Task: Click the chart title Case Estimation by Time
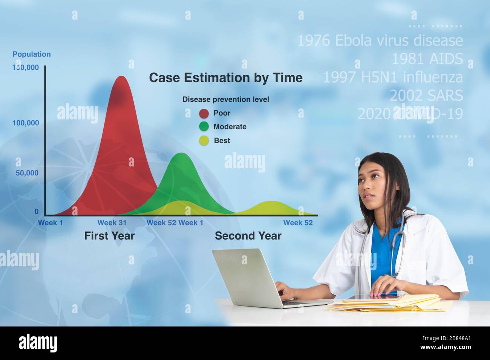click(225, 78)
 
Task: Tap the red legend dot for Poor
click(204, 113)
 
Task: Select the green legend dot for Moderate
click(204, 127)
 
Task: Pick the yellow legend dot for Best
click(204, 141)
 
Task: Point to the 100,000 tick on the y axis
click(26, 123)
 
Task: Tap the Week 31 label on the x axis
click(112, 223)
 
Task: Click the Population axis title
click(32, 54)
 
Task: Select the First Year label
click(109, 236)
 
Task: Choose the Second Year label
click(248, 236)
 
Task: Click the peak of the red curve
click(121, 77)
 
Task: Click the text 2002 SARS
click(426, 96)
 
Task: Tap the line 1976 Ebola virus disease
click(380, 40)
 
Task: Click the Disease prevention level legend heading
click(225, 99)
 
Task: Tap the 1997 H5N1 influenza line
click(393, 77)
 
